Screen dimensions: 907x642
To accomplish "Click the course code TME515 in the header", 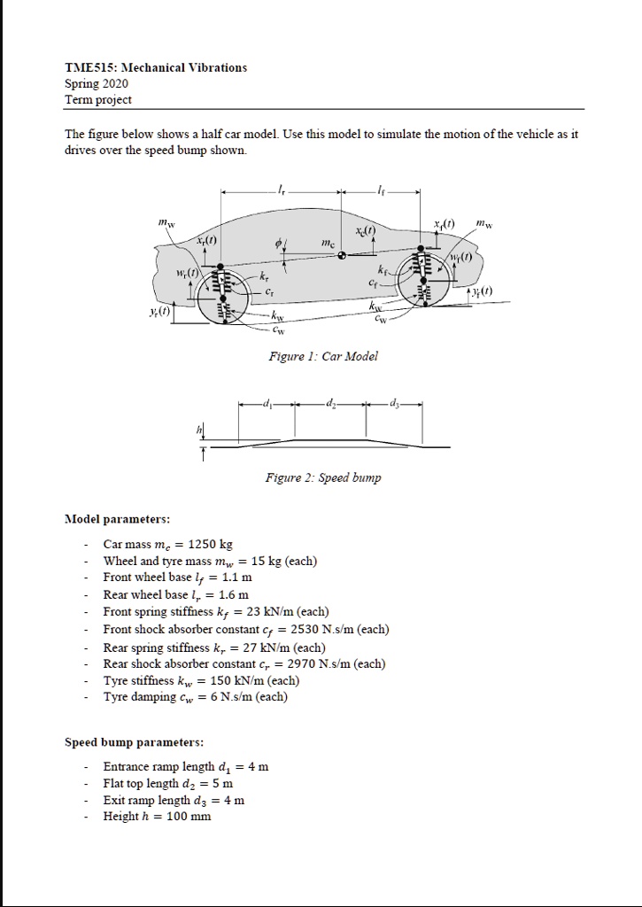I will tap(90, 67).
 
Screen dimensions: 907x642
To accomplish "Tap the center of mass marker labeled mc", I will tap(342, 255).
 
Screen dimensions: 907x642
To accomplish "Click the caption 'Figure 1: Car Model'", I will tap(322, 356).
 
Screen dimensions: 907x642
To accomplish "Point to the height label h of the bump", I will tap(199, 430).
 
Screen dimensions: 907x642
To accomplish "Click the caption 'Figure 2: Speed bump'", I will tap(322, 478).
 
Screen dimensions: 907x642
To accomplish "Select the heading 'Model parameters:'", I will tap(117, 518).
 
